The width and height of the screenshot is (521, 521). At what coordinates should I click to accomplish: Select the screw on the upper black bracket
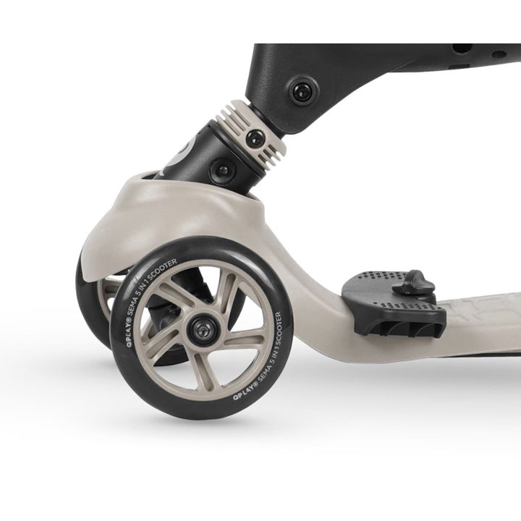tap(304, 90)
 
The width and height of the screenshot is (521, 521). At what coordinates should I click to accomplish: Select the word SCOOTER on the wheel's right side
tap(279, 330)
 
